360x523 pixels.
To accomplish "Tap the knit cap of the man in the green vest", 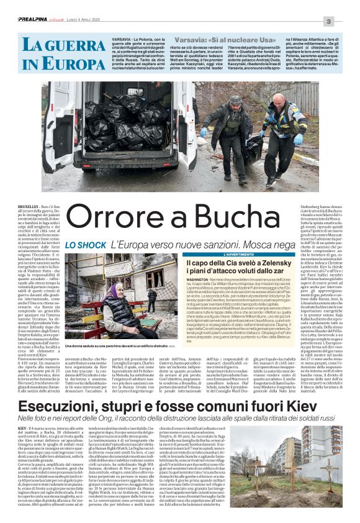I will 236,99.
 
